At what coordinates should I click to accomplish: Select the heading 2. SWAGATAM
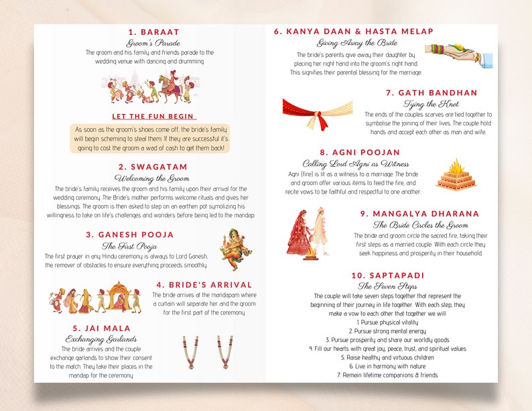coord(153,166)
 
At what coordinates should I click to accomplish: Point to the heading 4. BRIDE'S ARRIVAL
coord(204,285)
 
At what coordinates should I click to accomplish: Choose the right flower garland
coord(225,353)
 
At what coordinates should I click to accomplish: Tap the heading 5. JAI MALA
coord(105,328)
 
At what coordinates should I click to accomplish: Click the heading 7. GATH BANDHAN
coord(431,93)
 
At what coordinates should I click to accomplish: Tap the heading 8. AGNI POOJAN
coord(360,152)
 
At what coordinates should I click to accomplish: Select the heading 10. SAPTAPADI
coord(387,275)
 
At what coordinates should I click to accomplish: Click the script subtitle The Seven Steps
coord(387,286)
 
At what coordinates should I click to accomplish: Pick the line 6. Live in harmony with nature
coord(387,366)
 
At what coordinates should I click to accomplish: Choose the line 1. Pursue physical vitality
coord(387,322)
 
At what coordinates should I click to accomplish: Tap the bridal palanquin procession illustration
coord(94,298)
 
